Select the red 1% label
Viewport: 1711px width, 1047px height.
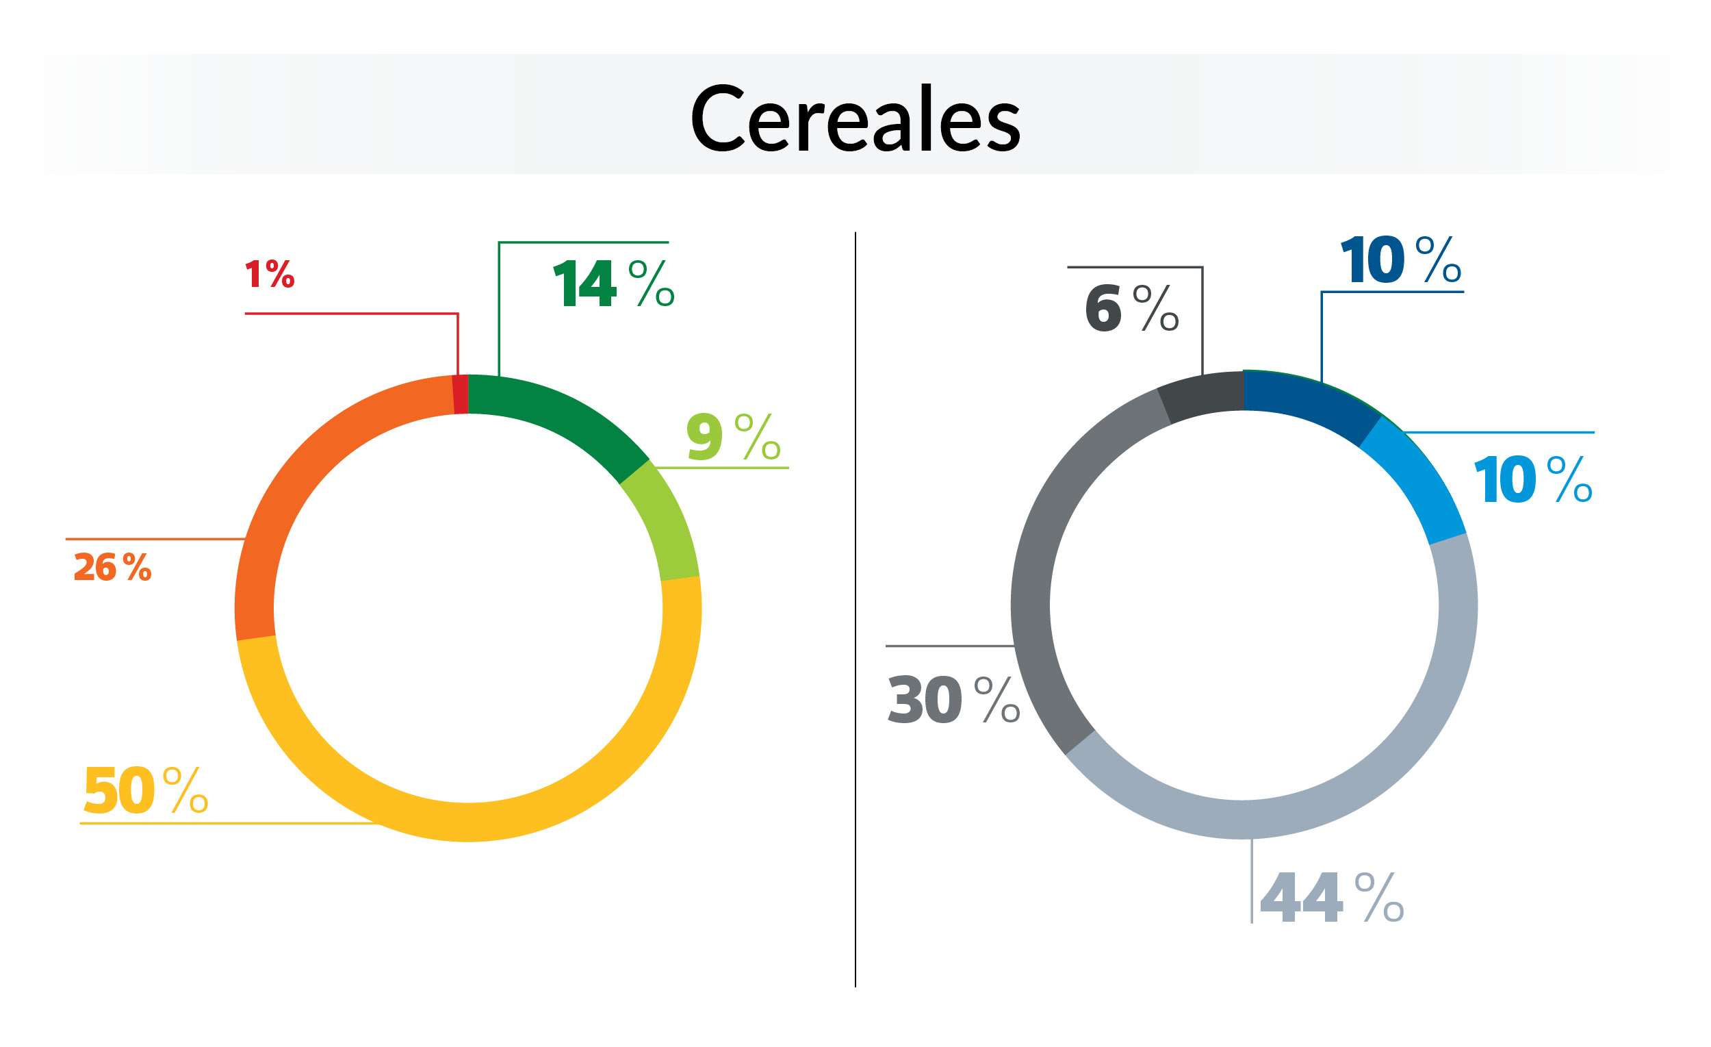[x=270, y=274]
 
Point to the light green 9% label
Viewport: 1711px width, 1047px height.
[x=732, y=436]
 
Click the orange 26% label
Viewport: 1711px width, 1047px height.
[x=112, y=567]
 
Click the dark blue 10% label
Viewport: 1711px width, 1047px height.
[x=1400, y=260]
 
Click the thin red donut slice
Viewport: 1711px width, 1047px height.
[x=460, y=394]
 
